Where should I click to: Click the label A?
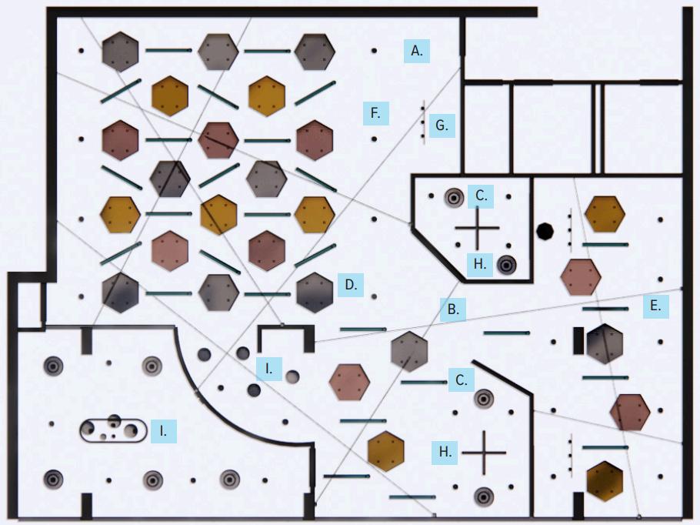click(x=416, y=52)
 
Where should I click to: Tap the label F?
click(x=375, y=113)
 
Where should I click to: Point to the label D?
click(x=351, y=285)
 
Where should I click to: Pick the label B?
click(x=454, y=310)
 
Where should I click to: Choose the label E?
click(x=655, y=306)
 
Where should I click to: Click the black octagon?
click(x=545, y=231)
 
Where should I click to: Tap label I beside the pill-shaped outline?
click(x=164, y=431)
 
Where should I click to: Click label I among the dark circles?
click(x=269, y=368)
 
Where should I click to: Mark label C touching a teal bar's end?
click(x=461, y=380)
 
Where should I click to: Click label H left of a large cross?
click(x=445, y=452)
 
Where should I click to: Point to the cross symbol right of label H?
click(x=484, y=453)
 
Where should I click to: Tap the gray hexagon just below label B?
click(x=408, y=349)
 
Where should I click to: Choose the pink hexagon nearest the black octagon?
click(x=580, y=277)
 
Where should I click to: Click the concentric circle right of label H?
click(x=507, y=265)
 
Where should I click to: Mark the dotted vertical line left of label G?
click(x=422, y=122)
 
